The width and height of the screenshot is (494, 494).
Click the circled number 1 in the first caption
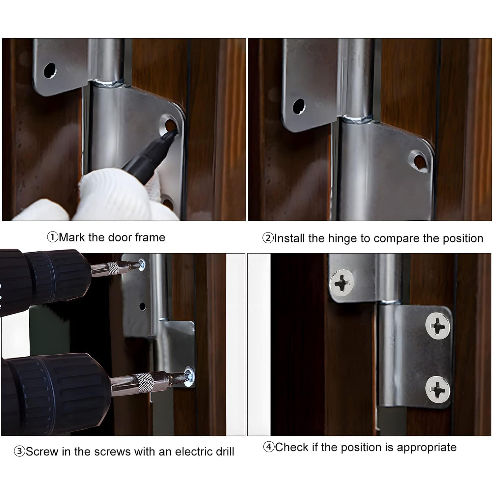pyautogui.click(x=53, y=237)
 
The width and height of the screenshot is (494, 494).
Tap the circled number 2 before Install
pyautogui.click(x=268, y=238)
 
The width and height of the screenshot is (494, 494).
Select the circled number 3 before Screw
pyautogui.click(x=19, y=451)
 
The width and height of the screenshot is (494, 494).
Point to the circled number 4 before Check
pyautogui.click(x=269, y=447)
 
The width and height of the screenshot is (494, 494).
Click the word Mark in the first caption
pyautogui.click(x=72, y=237)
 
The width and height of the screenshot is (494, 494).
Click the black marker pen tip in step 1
pyautogui.click(x=174, y=133)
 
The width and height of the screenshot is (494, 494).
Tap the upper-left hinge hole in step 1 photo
pyautogui.click(x=50, y=70)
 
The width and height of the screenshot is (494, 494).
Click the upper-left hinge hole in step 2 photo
pyautogui.click(x=299, y=106)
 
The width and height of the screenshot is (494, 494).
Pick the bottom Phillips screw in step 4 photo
pyautogui.click(x=437, y=389)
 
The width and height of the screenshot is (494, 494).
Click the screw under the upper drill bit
pyautogui.click(x=142, y=264)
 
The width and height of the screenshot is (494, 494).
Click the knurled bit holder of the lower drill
pyautogui.click(x=144, y=382)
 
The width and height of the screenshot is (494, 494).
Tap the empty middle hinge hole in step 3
pyautogui.click(x=142, y=306)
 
